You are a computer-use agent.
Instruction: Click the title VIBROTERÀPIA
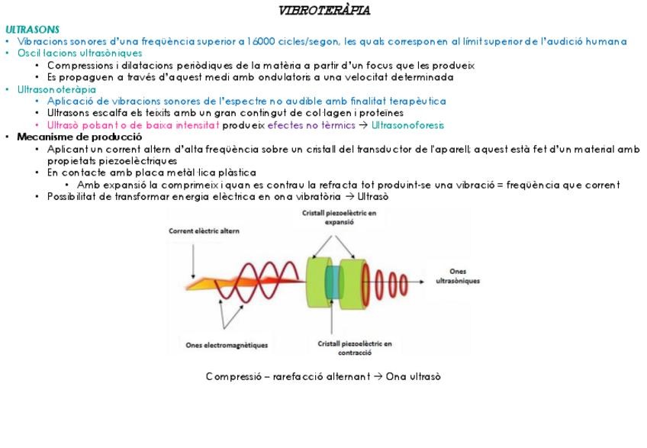(324, 11)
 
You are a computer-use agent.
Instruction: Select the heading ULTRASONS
(32, 29)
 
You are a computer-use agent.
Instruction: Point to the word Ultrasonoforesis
(407, 125)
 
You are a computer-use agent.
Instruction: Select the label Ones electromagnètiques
(227, 345)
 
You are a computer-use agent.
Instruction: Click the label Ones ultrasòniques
(458, 276)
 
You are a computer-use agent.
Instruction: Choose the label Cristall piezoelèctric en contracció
(355, 348)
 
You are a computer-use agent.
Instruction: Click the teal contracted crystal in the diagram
(333, 283)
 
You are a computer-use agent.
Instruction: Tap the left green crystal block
(316, 282)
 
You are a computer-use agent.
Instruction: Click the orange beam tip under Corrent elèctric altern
(195, 285)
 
